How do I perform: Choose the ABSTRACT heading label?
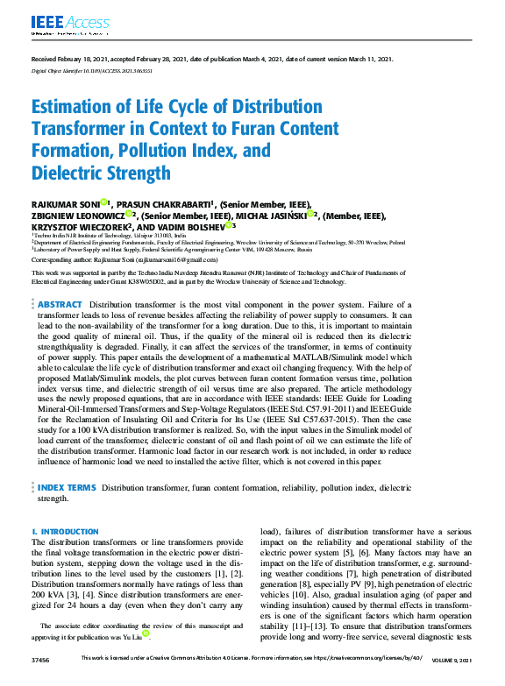click(x=60, y=303)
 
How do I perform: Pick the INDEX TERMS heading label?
click(x=67, y=486)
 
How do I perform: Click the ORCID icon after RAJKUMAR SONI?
click(x=103, y=203)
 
